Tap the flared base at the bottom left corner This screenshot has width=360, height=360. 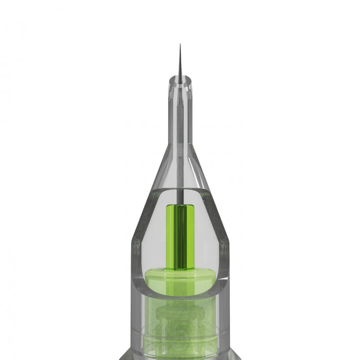pyautogui.click(x=123, y=356)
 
